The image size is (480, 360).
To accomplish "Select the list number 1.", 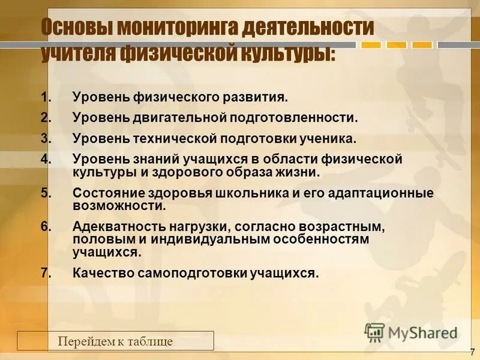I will (45, 97).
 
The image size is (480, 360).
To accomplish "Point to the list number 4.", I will (46, 160).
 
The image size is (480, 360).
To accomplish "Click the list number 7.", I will (46, 273).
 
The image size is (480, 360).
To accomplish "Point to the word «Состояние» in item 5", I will (103, 193).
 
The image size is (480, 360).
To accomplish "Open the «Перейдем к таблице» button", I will (115, 341).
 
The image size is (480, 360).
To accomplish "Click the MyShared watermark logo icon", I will (374, 332).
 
